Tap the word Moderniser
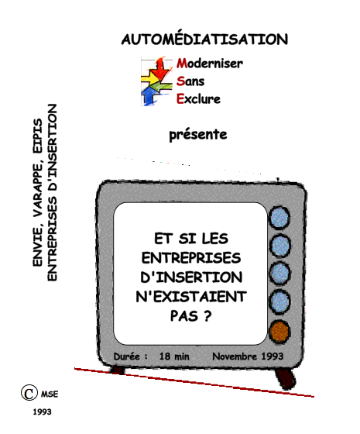[210, 63]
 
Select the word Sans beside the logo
[190, 81]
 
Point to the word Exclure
[198, 99]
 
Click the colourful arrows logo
[156, 81]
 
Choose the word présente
[198, 135]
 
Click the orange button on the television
[279, 332]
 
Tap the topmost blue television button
[279, 217]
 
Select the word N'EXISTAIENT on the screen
[191, 297]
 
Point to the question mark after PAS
[208, 316]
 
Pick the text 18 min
[174, 356]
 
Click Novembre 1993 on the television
[248, 356]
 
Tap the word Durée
[127, 356]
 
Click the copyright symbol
[29, 392]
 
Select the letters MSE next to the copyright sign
[50, 394]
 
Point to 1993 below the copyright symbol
[42, 412]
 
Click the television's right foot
[285, 378]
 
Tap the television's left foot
[117, 370]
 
